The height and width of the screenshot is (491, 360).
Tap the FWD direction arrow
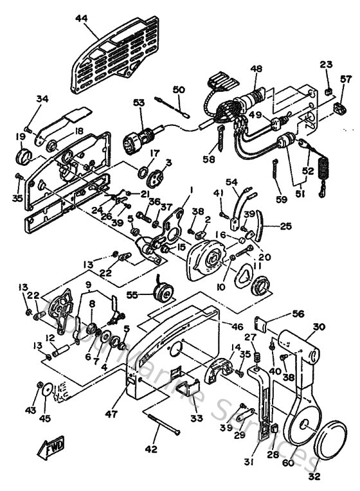53,449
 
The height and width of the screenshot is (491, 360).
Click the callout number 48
256,69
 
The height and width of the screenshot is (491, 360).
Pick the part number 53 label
139,102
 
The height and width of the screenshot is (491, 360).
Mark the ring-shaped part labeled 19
23,157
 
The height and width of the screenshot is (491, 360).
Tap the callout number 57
346,80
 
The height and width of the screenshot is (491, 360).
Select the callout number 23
327,64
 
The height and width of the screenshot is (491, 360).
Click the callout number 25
285,226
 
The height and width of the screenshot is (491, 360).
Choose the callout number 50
178,89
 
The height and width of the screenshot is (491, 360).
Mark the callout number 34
42,99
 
